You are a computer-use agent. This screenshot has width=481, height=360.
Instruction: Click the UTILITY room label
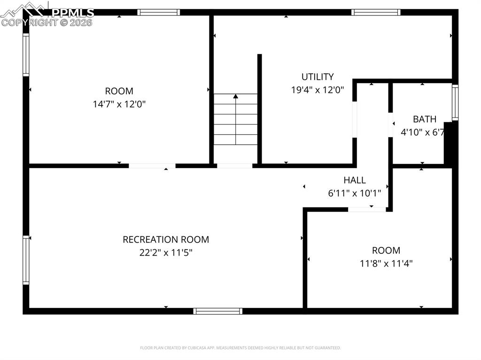[318, 77]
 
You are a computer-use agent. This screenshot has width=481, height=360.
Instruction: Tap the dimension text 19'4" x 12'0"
[318, 90]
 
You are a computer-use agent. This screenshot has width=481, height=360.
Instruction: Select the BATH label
[424, 119]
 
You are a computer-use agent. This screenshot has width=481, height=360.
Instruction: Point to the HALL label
[354, 180]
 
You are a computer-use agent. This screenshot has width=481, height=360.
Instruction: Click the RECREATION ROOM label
[166, 239]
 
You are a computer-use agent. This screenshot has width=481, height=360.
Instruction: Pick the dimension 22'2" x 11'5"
[166, 253]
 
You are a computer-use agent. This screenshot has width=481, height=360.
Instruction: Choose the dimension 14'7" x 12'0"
[119, 104]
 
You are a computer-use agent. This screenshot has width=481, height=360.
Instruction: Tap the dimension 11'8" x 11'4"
[386, 263]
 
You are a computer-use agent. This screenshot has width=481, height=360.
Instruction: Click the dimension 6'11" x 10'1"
[354, 192]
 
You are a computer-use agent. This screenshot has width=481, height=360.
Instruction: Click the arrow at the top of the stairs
[236, 97]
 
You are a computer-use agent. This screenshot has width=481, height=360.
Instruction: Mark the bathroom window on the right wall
[455, 102]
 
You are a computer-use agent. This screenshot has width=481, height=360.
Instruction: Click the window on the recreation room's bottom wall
[218, 311]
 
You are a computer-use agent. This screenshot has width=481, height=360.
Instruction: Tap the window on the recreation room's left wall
[26, 260]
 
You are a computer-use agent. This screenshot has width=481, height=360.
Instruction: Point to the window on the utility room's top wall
[376, 12]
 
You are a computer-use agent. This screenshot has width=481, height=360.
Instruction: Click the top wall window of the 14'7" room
[158, 12]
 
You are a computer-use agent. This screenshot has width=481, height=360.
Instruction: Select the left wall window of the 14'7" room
[26, 54]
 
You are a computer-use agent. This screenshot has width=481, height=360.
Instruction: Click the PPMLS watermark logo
[47, 14]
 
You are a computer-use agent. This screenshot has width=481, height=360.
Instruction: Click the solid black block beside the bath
[448, 143]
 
